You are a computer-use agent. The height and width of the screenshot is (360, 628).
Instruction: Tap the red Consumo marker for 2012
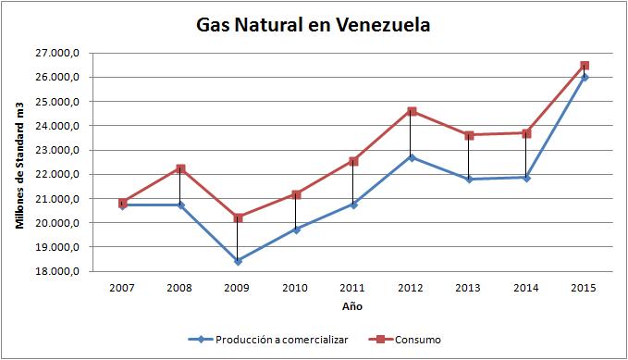411,111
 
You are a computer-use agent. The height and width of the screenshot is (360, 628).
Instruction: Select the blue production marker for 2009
238,261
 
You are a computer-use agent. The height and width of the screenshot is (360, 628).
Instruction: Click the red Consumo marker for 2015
584,66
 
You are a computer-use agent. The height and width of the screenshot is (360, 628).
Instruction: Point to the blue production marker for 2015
584,77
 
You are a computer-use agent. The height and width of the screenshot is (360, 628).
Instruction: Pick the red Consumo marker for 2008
180,168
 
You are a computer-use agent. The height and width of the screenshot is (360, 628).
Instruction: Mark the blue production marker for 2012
411,157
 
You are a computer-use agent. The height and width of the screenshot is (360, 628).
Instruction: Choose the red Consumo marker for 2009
238,217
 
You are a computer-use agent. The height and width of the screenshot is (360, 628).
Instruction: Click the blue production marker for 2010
295,230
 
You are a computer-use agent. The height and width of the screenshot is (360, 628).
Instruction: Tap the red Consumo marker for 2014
525,133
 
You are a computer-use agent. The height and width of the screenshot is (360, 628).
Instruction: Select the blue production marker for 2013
468,179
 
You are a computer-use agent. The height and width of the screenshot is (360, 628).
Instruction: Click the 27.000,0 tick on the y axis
64,54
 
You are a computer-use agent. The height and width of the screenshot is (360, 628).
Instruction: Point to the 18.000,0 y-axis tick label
64,272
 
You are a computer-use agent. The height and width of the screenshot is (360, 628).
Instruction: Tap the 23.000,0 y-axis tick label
64,151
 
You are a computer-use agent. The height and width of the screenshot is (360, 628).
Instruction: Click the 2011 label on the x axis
352,287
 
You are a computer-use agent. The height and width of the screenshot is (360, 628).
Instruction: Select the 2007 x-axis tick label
122,287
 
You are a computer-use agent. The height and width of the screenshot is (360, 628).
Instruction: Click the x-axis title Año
352,304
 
